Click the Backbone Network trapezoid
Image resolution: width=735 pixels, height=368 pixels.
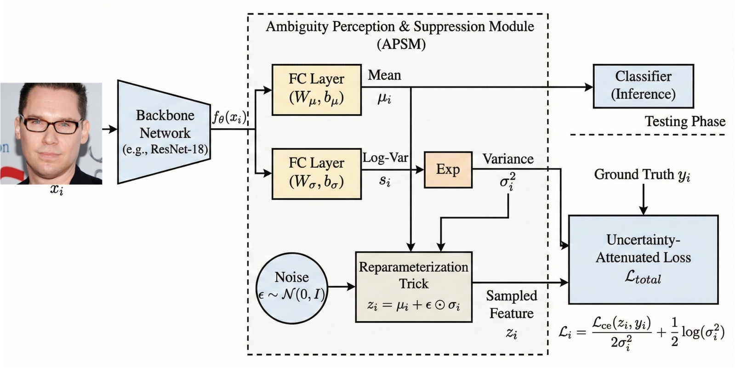click(164, 132)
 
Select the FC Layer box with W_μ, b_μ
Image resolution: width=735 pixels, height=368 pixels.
click(316, 90)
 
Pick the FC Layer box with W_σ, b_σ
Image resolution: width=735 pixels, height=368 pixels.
click(316, 173)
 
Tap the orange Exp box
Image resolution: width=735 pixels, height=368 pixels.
click(448, 170)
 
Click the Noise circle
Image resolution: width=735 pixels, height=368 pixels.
click(291, 286)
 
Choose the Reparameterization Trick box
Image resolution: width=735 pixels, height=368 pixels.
click(414, 286)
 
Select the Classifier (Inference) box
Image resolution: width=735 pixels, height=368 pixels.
click(643, 86)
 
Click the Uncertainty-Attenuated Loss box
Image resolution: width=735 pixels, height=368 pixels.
click(643, 259)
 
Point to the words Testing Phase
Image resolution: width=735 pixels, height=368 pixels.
click(684, 121)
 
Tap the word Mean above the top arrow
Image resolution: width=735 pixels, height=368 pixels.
click(384, 75)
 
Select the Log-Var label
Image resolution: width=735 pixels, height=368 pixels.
click(385, 158)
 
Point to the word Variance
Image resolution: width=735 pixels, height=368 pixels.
click(507, 159)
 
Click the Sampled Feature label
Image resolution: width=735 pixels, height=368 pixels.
click(511, 304)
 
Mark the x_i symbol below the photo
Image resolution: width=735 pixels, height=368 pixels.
click(57, 190)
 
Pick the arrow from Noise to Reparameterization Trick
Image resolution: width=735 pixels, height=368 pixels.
click(342, 287)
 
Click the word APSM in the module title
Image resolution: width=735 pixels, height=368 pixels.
click(401, 45)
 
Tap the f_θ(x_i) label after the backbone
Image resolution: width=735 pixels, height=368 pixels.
click(229, 118)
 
